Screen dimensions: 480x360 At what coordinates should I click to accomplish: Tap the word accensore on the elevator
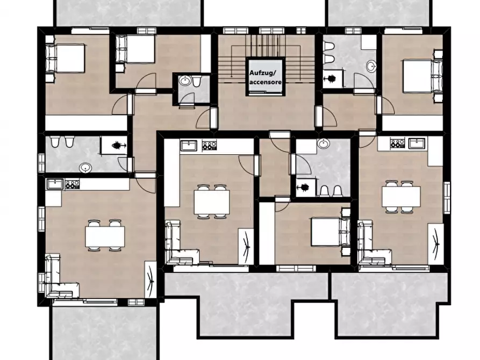pos(266,82)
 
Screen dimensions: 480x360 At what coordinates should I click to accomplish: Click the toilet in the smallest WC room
pos(197,82)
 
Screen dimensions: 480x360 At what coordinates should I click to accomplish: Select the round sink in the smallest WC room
pos(185,81)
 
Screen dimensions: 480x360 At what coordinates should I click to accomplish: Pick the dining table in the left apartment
pos(105,236)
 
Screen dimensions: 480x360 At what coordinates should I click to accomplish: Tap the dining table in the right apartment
pos(401,197)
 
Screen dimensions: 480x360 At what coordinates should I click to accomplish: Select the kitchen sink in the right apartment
pos(417,143)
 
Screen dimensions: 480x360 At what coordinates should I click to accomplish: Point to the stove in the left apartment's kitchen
pos(72,184)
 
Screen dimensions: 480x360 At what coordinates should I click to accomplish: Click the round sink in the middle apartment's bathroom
pos(323,143)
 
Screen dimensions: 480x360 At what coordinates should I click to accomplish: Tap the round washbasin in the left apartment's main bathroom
pos(85,168)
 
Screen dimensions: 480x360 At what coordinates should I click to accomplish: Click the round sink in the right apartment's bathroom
pos(372,67)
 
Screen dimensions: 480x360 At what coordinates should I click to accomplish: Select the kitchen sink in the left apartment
pos(55,184)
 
